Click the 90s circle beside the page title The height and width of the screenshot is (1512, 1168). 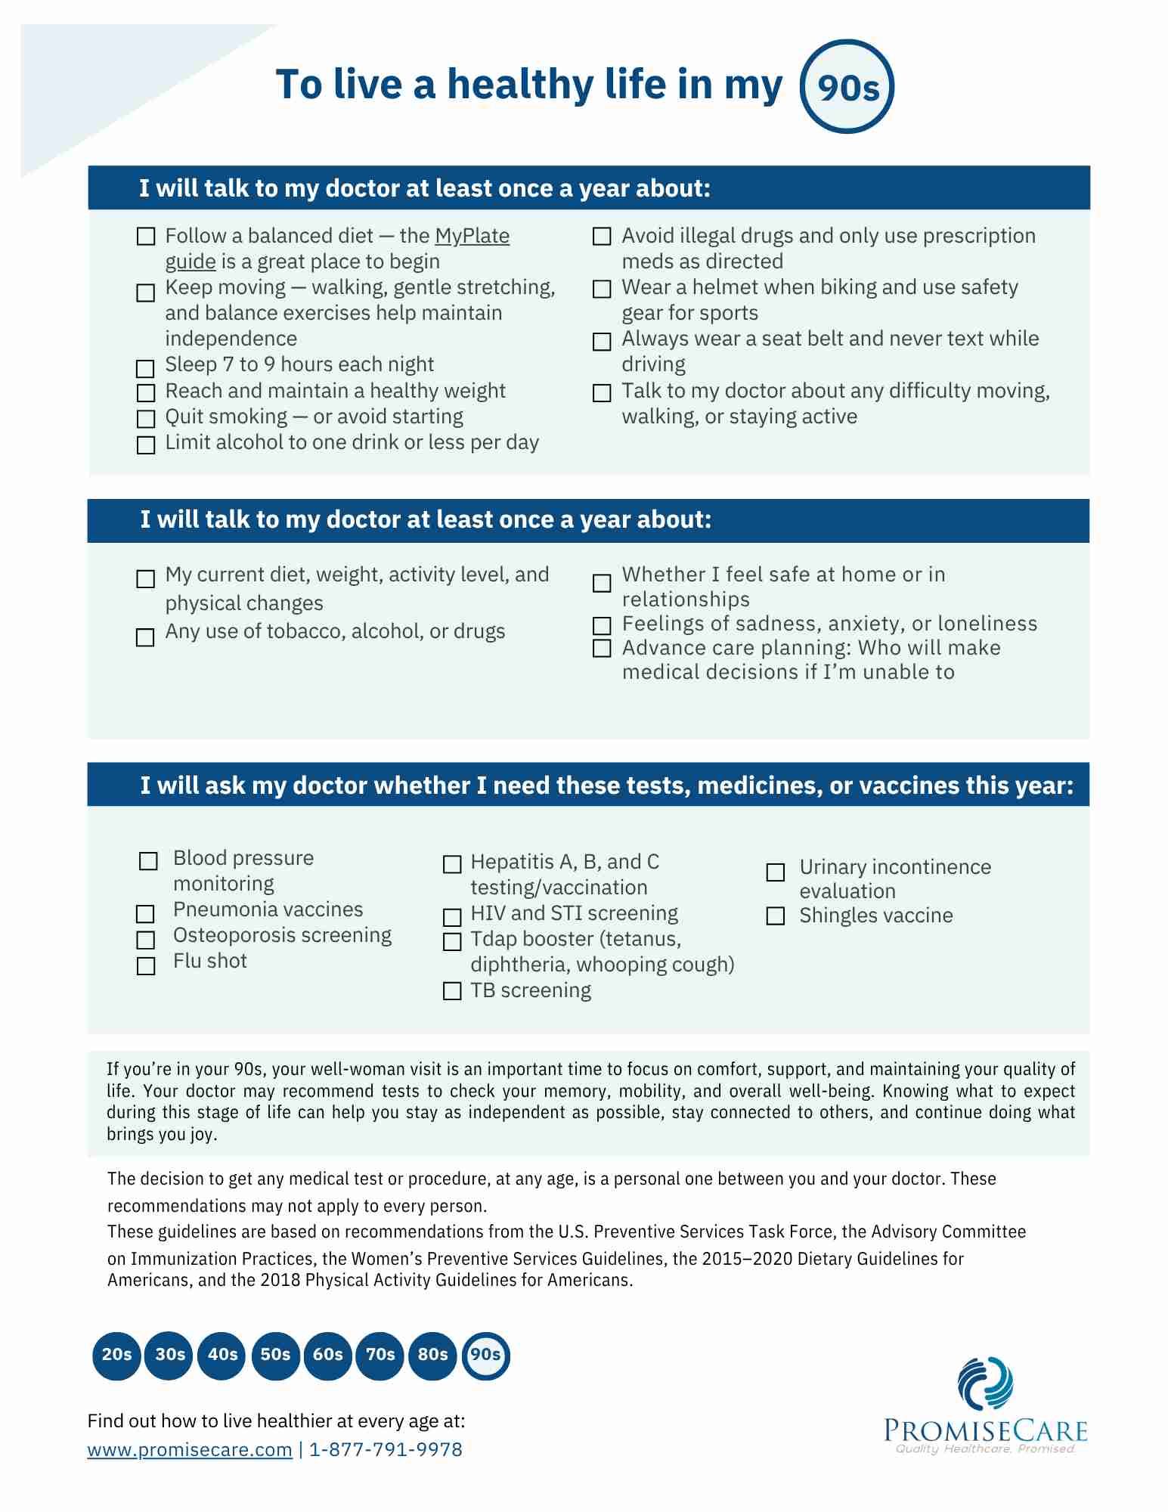pyautogui.click(x=847, y=87)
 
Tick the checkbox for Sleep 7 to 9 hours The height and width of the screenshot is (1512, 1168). pyautogui.click(x=145, y=368)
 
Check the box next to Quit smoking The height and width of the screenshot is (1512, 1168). pyautogui.click(x=145, y=419)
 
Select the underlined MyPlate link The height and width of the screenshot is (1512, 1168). pyautogui.click(x=472, y=236)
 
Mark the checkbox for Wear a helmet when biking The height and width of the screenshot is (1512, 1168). pyautogui.click(x=602, y=290)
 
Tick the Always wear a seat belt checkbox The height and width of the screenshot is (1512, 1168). pyautogui.click(x=602, y=342)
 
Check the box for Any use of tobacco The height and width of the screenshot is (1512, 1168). pyautogui.click(x=145, y=637)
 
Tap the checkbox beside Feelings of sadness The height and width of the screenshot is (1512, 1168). pyautogui.click(x=602, y=625)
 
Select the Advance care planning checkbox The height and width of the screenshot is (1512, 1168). pyautogui.click(x=602, y=649)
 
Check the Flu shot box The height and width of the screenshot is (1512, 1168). pyautogui.click(x=146, y=966)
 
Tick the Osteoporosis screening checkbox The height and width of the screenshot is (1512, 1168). pyautogui.click(x=145, y=940)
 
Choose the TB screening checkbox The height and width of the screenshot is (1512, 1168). pyautogui.click(x=452, y=991)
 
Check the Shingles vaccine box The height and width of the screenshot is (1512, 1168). pyautogui.click(x=776, y=916)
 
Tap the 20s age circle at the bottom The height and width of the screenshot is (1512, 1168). pyautogui.click(x=116, y=1355)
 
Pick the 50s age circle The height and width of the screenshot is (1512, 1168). pyautogui.click(x=275, y=1355)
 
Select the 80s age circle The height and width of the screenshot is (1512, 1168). pyautogui.click(x=432, y=1355)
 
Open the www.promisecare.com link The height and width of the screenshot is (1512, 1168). pyautogui.click(x=190, y=1450)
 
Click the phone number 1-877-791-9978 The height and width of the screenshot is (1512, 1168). pyautogui.click(x=386, y=1450)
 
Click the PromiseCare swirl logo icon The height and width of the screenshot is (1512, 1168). pyautogui.click(x=985, y=1383)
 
